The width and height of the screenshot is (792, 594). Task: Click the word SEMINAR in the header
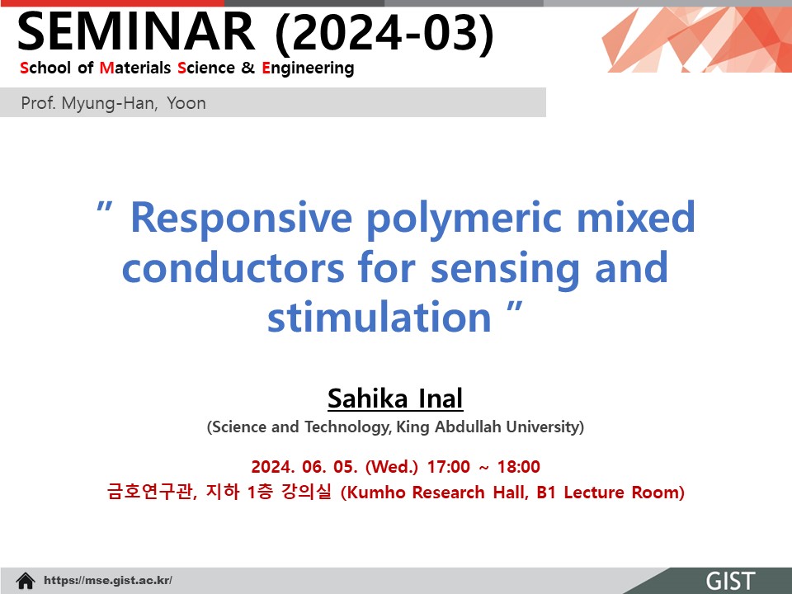pos(136,32)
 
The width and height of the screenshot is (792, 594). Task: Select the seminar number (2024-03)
pos(384,33)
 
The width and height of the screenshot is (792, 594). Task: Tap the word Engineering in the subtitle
pos(308,68)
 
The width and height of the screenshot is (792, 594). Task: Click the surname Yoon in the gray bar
pos(186,103)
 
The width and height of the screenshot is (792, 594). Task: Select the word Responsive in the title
pos(242,218)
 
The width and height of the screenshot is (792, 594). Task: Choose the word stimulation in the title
pos(379,317)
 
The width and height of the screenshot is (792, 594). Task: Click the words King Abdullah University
pos(490,427)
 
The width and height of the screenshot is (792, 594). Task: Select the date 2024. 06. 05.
pos(304,467)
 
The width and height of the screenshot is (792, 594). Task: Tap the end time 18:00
pos(519,467)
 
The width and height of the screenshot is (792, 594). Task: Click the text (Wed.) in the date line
pos(391,467)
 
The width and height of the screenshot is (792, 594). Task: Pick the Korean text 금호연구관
pos(150,492)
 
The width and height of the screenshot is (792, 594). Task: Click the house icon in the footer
pos(26,581)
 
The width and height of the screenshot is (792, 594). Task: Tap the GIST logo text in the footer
pos(730,581)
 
